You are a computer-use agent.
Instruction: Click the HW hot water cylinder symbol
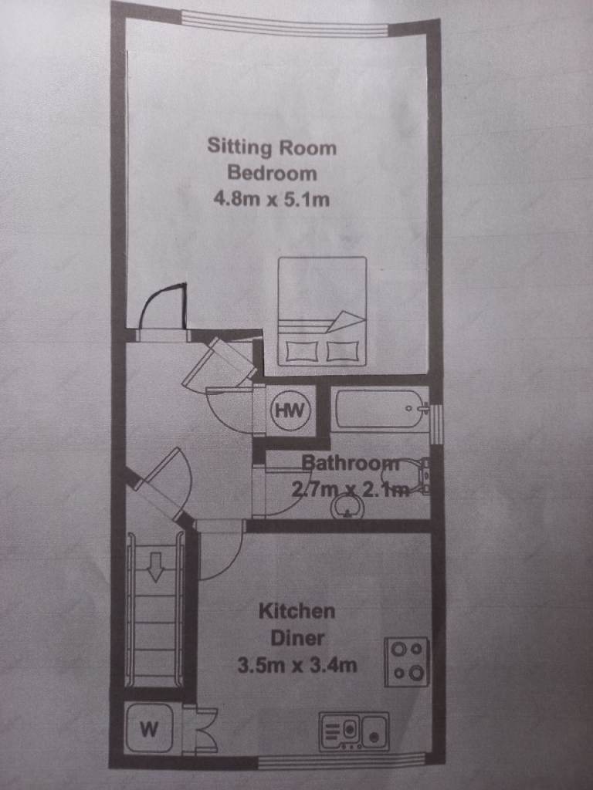290,410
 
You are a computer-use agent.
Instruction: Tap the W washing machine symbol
149,728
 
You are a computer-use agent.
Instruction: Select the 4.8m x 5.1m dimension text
272,200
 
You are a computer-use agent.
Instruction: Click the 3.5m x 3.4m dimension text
297,665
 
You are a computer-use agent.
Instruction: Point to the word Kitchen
297,611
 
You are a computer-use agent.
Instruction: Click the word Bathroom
351,463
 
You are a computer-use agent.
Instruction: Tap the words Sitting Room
272,147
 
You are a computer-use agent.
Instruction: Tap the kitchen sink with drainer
354,730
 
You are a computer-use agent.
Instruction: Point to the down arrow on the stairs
156,565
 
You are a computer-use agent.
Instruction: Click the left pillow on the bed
303,351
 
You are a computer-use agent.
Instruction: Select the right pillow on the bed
343,351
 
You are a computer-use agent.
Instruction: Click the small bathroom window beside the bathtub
437,424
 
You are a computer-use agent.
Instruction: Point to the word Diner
297,638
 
